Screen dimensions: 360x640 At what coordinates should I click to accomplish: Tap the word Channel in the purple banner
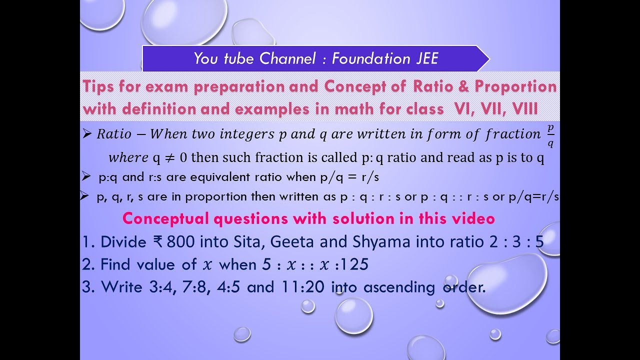tap(287, 59)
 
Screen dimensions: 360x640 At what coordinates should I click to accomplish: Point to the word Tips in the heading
tap(98, 86)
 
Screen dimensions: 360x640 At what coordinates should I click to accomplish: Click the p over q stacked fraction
tap(550, 136)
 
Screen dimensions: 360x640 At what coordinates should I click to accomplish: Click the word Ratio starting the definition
tap(114, 134)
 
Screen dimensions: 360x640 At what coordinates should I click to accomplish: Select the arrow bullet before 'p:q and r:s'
tap(86, 176)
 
